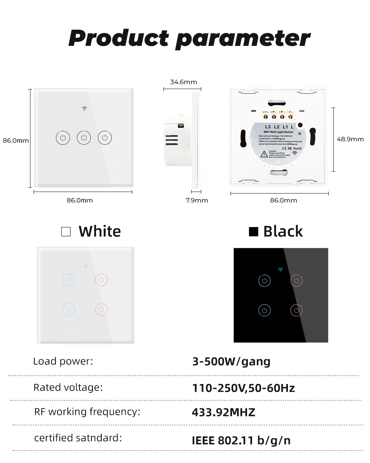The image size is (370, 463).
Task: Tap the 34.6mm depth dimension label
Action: coord(183,82)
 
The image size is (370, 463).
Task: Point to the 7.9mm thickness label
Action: coord(197,200)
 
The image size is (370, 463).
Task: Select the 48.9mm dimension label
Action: coord(350,139)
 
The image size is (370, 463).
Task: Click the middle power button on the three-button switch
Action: coord(84,137)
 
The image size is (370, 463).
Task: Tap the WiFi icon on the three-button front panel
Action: coord(84,109)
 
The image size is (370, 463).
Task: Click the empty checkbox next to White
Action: coord(66,232)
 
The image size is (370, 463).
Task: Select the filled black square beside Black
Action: coord(253,232)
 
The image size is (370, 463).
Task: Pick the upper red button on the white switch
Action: coord(101,279)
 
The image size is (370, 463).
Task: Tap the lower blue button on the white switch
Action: coord(69,310)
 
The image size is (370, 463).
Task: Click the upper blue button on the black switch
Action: coord(264,280)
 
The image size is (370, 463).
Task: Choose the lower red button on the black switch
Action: coord(296,310)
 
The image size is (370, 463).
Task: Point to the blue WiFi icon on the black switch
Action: coord(280,269)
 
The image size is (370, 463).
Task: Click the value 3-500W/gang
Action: coord(231,362)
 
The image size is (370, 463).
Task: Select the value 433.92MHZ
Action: coord(224,412)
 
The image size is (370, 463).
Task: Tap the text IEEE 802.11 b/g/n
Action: coord(241,440)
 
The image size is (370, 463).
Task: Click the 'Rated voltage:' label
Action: coord(68,387)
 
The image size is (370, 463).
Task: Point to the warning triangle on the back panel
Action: coord(264,154)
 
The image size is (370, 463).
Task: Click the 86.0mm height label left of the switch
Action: coord(16,141)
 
